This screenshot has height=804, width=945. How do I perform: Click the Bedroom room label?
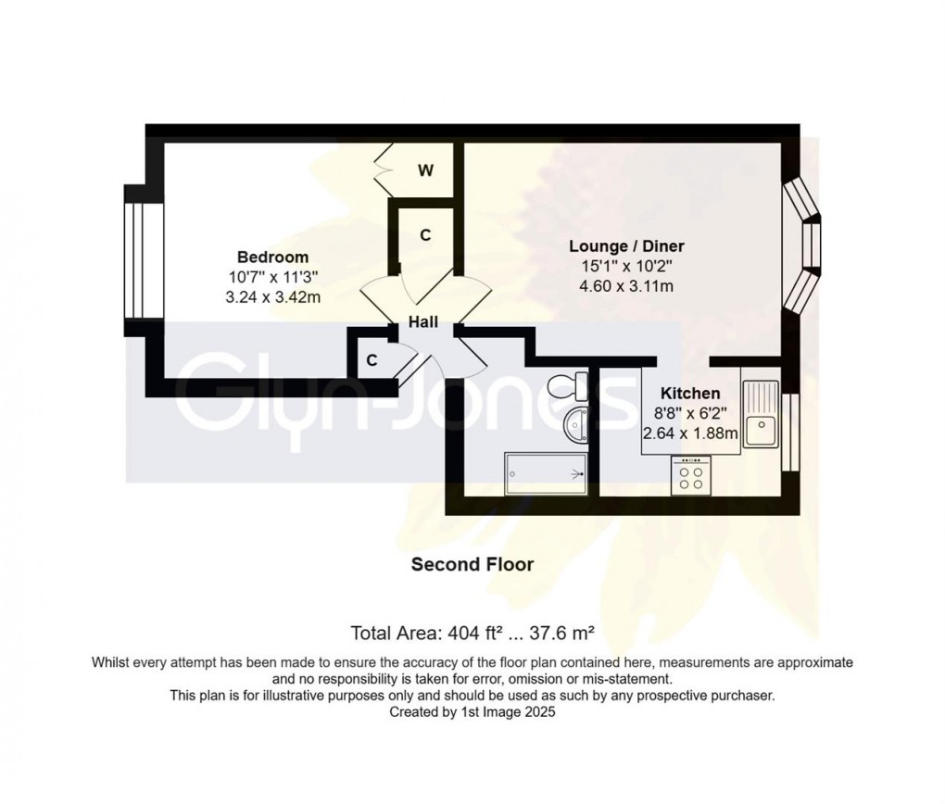[272, 257]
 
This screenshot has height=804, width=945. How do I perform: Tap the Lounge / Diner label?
[626, 246]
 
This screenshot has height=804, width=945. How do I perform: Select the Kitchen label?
[691, 394]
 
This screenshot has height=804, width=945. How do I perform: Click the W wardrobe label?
[425, 170]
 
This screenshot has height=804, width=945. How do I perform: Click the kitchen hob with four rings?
[691, 475]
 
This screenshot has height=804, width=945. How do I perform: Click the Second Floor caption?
[472, 564]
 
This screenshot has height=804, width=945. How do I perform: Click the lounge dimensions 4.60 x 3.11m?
[626, 286]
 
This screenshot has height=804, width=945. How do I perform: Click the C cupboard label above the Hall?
[425, 236]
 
